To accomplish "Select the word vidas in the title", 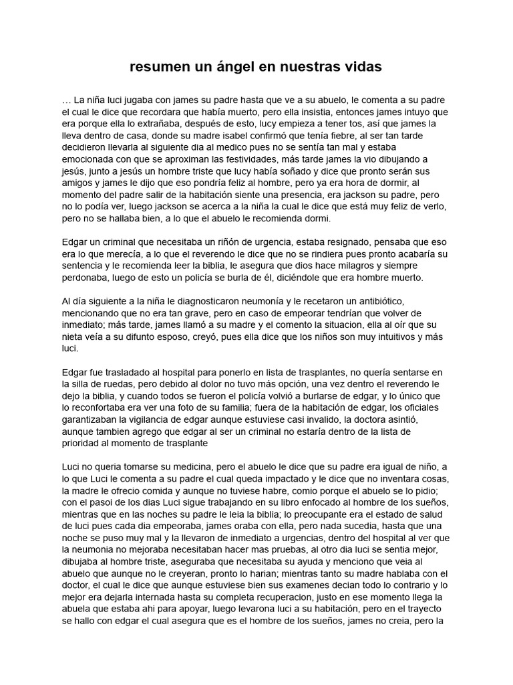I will [x=361, y=67].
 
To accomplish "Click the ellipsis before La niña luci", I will [x=65, y=100].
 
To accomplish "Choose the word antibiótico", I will [x=379, y=302].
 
